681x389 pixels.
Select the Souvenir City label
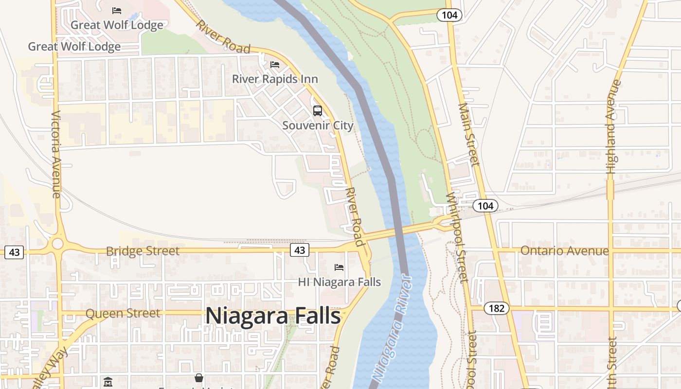pos(318,125)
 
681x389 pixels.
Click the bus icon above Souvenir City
pos(318,111)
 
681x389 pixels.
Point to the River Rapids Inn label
pos(275,79)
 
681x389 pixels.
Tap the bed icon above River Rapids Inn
pos(275,65)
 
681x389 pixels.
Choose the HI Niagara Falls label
pos(339,282)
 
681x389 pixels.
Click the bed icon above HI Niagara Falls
pos(339,267)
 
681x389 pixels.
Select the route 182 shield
pos(496,308)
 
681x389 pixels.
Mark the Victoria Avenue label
pos(55,154)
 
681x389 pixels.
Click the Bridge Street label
pos(143,251)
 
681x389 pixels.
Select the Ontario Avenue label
pos(564,250)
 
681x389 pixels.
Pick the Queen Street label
pos(123,313)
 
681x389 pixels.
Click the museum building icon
pos(108,382)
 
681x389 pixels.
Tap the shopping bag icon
pos(199,378)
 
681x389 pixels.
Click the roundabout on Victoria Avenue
pos(58,244)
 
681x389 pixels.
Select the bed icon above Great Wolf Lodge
pos(117,10)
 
